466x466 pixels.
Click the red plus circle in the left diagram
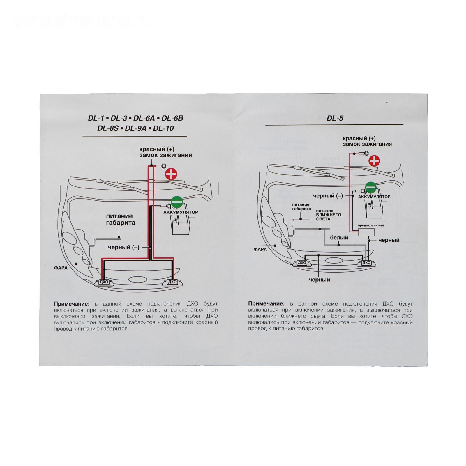pyautogui.click(x=171, y=174)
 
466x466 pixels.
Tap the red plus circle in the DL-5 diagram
pyautogui.click(x=374, y=161)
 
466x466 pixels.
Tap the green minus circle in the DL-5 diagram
pyautogui.click(x=371, y=187)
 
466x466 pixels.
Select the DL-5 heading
pyautogui.click(x=335, y=118)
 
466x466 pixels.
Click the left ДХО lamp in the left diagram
pyautogui.click(x=104, y=282)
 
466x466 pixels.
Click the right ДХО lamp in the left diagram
pyautogui.click(x=172, y=282)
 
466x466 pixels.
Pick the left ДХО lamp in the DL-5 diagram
pyautogui.click(x=302, y=263)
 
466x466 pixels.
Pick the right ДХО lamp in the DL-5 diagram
pyautogui.click(x=366, y=263)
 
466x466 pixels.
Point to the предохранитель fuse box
pyautogui.click(x=366, y=232)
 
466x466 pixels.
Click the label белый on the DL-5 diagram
pyautogui.click(x=339, y=238)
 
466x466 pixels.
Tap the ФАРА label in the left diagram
pyautogui.click(x=61, y=268)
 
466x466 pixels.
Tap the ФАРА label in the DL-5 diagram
pyautogui.click(x=260, y=249)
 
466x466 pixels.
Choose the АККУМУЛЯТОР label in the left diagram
pyautogui.click(x=180, y=212)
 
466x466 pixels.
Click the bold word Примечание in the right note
pyautogui.click(x=266, y=304)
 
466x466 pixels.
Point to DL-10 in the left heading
pyautogui.click(x=163, y=128)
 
